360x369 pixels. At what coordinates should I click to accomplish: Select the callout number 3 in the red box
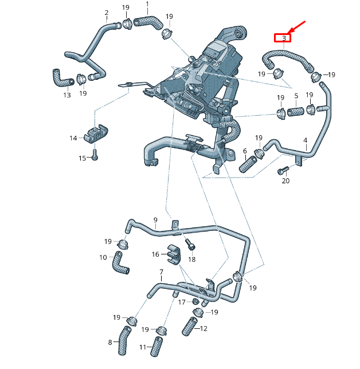tap(283, 38)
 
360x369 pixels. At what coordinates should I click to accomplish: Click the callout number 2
tap(106, 13)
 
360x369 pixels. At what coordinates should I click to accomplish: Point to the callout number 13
tap(67, 95)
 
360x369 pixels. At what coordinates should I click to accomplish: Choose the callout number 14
tap(73, 138)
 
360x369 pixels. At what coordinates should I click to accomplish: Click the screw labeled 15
tap(95, 154)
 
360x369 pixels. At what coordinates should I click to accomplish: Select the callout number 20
tap(285, 181)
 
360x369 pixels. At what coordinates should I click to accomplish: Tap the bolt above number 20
tap(283, 171)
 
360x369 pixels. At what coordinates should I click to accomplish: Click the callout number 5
tap(296, 96)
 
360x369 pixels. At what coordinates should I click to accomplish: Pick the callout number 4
tap(305, 140)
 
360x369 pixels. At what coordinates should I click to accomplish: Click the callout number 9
tap(155, 220)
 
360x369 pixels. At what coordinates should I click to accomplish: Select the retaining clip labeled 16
tap(174, 252)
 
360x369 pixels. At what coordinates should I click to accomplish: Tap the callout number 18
tap(192, 260)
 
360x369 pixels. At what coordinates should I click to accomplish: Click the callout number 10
tap(103, 257)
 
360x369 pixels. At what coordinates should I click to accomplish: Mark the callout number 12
tap(204, 328)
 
